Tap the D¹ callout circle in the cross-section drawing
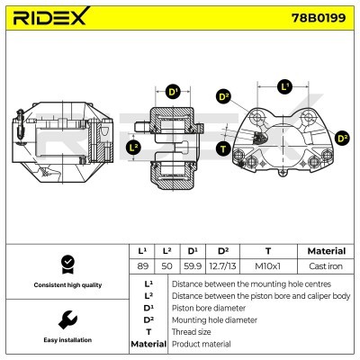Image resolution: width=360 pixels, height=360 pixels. [173, 91]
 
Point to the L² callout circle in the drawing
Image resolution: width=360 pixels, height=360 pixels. [134, 146]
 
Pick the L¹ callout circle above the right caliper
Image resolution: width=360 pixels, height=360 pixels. [285, 86]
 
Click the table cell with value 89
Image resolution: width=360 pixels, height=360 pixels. [141, 266]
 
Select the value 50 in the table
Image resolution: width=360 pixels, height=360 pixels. [166, 266]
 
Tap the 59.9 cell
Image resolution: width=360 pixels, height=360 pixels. [192, 266]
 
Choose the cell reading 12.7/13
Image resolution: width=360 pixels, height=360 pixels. [223, 266]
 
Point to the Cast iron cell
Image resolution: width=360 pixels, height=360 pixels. [325, 266]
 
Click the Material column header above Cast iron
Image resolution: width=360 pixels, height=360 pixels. [325, 251]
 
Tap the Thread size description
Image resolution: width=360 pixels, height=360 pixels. [193, 331]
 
